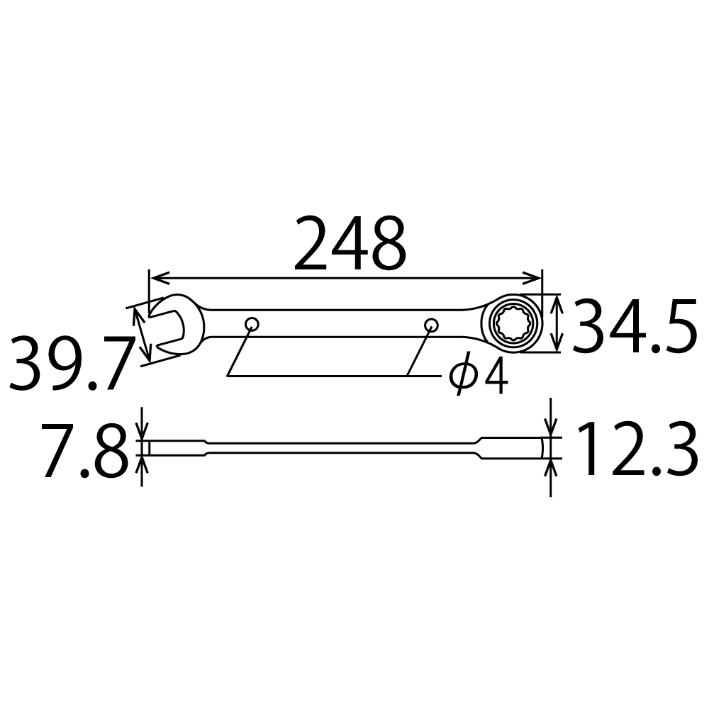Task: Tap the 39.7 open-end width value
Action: (71, 365)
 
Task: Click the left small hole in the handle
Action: (252, 325)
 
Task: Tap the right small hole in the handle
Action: (430, 325)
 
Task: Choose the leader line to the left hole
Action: (239, 351)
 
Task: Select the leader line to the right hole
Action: (419, 351)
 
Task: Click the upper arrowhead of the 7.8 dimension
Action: (142, 435)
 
